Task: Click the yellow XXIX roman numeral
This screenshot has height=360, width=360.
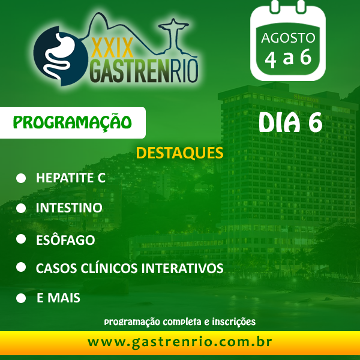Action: tap(112, 47)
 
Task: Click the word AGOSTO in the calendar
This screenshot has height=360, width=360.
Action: tap(288, 38)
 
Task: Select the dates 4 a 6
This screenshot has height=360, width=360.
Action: tap(288, 58)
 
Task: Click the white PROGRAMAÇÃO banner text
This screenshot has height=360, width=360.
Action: tap(73, 122)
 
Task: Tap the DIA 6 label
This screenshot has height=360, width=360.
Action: tap(290, 122)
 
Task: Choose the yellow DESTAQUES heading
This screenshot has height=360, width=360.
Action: tap(179, 153)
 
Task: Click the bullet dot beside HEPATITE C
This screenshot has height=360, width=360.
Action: tap(21, 178)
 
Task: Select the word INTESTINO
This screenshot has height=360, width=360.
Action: tap(69, 208)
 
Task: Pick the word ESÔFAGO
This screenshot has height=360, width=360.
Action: tap(65, 239)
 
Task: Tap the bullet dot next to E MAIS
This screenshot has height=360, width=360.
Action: tap(21, 298)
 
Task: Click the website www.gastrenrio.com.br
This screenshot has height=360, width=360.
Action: tap(180, 343)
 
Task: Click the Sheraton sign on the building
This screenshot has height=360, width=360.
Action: tap(306, 98)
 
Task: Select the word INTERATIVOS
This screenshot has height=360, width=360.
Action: tap(182, 268)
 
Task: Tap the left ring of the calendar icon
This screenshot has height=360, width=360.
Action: tap(274, 6)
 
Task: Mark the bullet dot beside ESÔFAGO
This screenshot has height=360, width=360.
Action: tap(21, 239)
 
